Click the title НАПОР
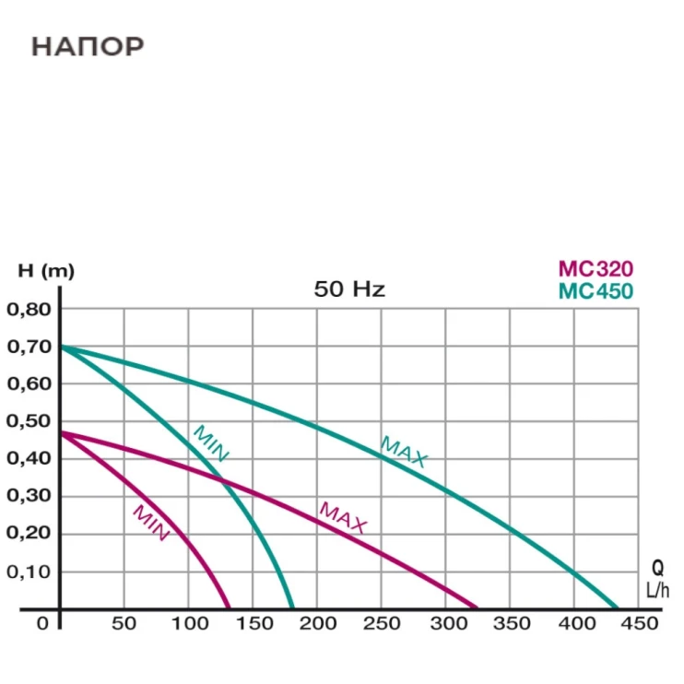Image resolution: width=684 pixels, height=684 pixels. [88, 46]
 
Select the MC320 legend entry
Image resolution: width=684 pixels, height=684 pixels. [596, 269]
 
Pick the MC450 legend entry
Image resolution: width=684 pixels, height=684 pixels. [596, 291]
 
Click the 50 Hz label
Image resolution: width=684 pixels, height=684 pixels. [349, 289]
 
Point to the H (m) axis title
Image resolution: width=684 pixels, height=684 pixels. [46, 271]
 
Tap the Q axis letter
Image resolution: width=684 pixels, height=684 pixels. [657, 569]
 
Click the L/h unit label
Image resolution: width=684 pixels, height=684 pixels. [657, 590]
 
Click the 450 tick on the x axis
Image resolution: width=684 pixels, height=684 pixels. [640, 624]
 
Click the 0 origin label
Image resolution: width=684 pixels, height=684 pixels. [42, 624]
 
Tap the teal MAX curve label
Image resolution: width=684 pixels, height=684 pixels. [404, 452]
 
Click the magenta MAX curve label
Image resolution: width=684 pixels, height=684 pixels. [343, 518]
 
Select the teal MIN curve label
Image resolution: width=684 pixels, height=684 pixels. [210, 442]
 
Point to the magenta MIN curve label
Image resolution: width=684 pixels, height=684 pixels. [150, 523]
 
